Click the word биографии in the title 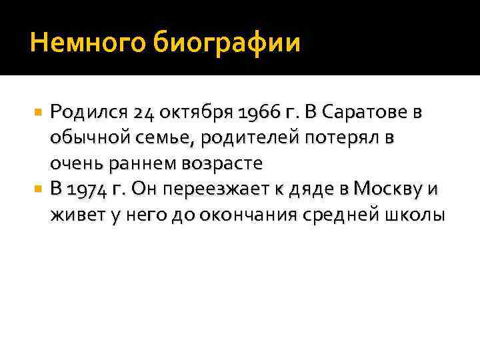(x=227, y=44)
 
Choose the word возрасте (x=219, y=163)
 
